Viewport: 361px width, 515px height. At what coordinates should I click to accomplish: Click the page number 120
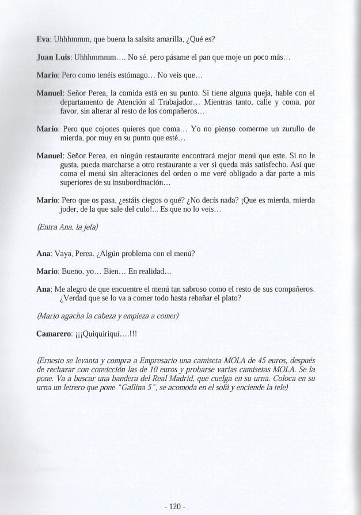[x=173, y=490]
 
